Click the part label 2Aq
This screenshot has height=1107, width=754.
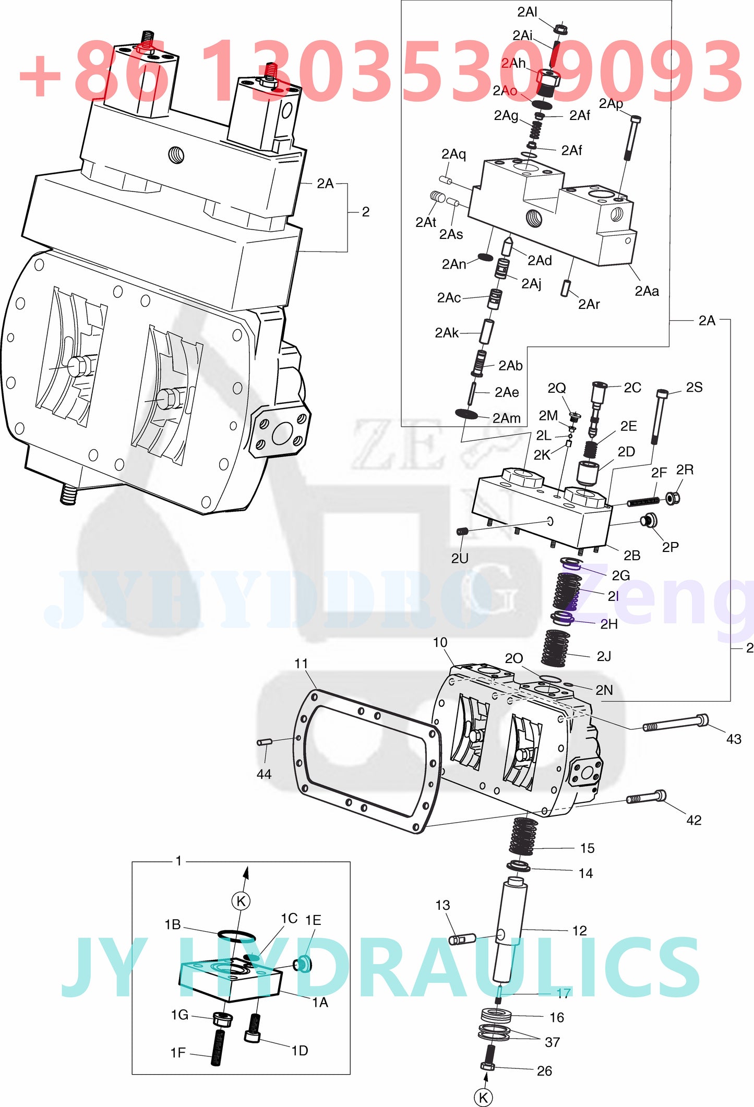click(x=453, y=154)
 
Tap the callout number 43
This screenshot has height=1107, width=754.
click(x=733, y=739)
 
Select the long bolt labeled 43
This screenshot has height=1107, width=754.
click(x=675, y=723)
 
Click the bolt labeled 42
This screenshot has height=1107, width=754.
click(x=646, y=797)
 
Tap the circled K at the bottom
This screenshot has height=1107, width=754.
click(x=483, y=1097)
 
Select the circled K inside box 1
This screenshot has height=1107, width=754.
click(x=241, y=901)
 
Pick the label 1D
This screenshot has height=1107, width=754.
click(x=299, y=1050)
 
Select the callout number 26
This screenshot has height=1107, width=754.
click(x=544, y=1070)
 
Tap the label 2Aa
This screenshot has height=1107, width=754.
click(x=646, y=291)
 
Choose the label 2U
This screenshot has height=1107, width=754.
click(x=459, y=558)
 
